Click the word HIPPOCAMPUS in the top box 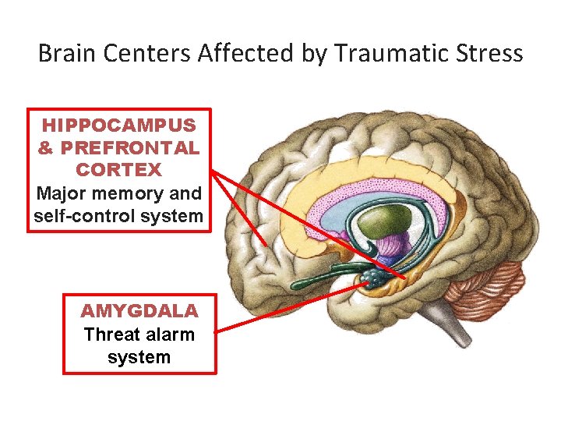[119, 125]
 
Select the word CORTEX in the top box [119, 170]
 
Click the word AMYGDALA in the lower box [139, 312]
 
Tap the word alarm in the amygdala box [170, 335]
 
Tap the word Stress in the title [491, 54]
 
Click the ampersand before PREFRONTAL [46, 147]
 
